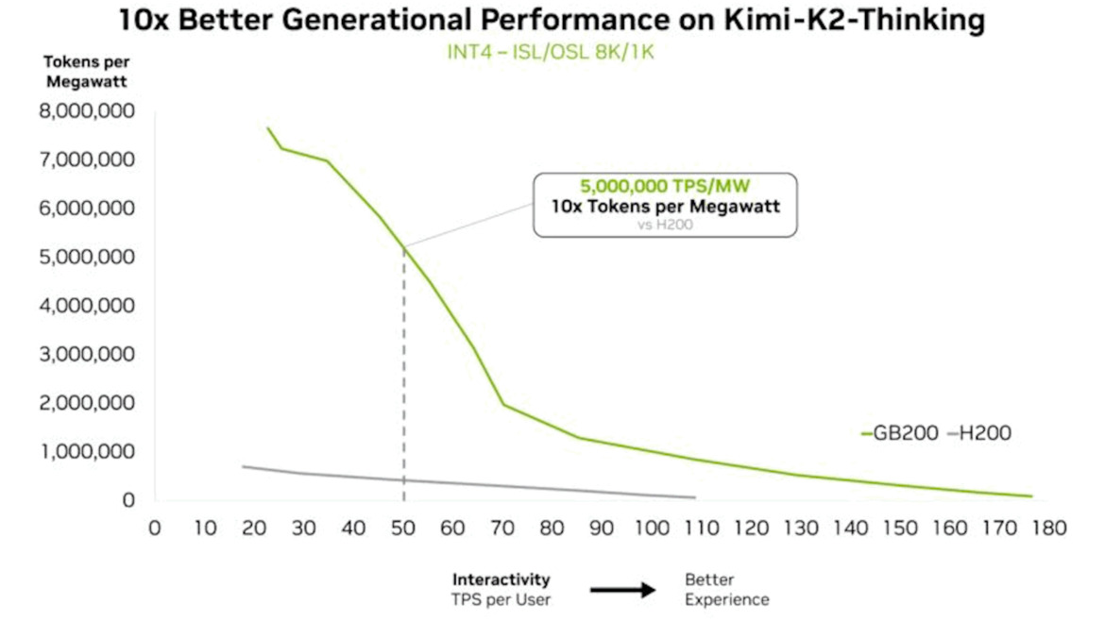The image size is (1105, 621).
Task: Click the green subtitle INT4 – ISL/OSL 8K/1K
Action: point(551,52)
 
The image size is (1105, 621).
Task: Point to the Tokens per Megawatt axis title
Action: point(85,72)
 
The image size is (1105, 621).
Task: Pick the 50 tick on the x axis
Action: point(403,529)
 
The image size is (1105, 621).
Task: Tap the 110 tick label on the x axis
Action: point(702,529)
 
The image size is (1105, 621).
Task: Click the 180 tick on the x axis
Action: point(1050,529)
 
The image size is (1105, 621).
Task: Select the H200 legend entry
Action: point(980,434)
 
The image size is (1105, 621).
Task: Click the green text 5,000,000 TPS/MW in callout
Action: point(665,186)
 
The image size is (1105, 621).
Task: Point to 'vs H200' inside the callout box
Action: point(665,224)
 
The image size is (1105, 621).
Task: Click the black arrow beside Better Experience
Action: point(622,590)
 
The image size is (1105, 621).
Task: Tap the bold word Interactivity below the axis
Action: point(501,579)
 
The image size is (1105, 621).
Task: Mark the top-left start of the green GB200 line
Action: point(267,128)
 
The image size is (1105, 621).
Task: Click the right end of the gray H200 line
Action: point(695,497)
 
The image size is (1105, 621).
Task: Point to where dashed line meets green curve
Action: point(404,247)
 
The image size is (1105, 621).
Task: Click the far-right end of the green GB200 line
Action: point(1031,496)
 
